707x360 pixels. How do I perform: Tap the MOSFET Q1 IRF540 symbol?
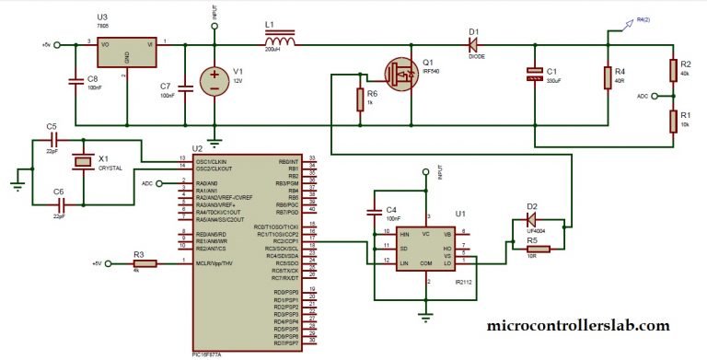tap(401, 74)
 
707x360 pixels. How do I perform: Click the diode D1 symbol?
tap(473, 43)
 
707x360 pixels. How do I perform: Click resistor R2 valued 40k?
tap(672, 69)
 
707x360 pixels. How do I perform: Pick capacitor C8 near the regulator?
tap(76, 82)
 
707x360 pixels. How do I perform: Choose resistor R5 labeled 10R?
tap(531, 248)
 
